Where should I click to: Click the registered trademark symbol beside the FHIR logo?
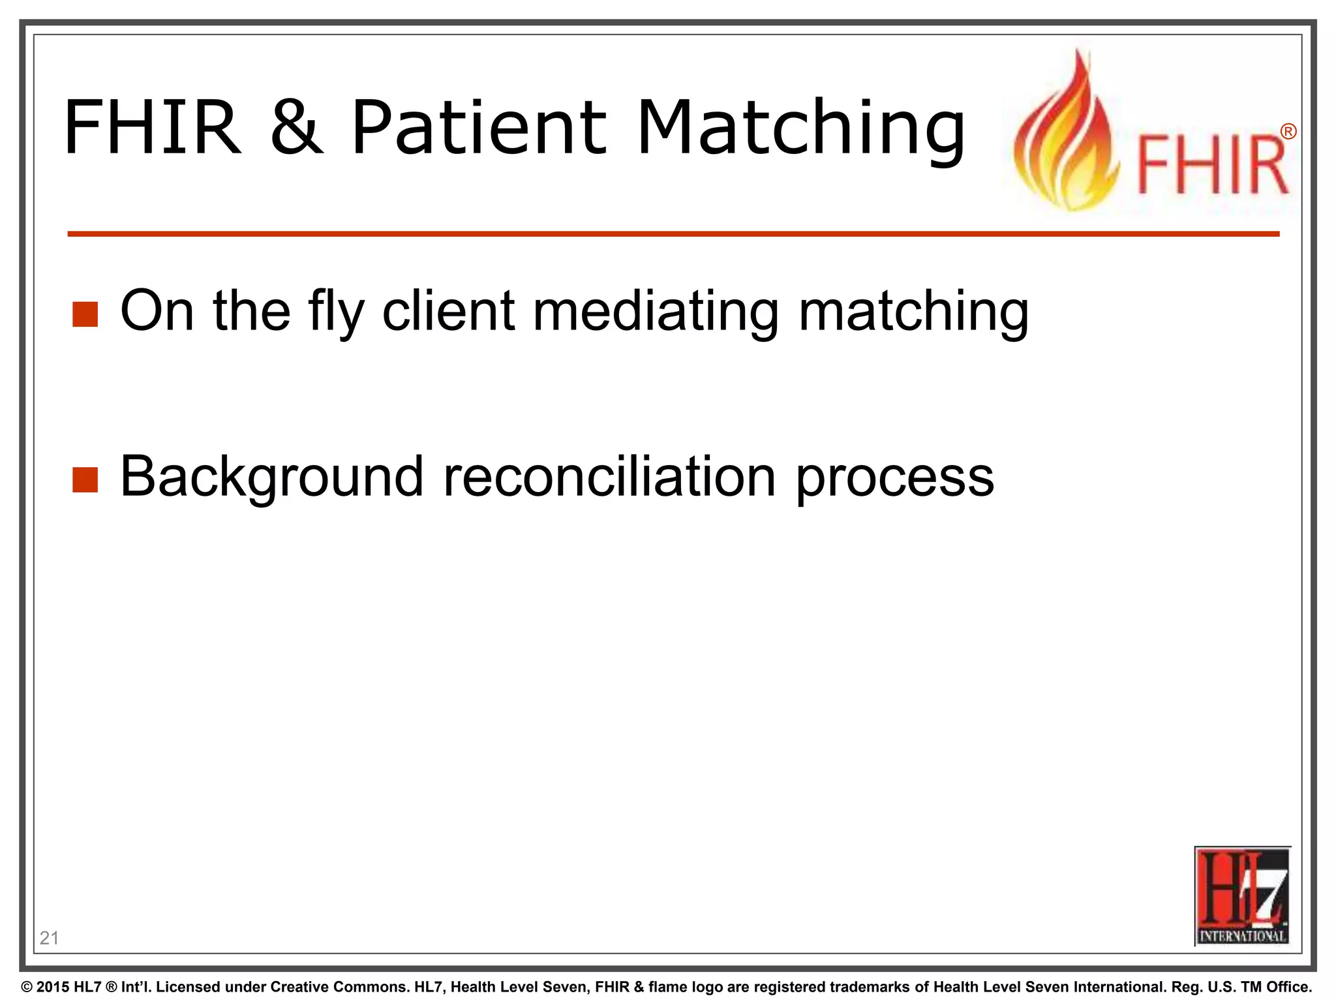[1288, 132]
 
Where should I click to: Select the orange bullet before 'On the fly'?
[85, 314]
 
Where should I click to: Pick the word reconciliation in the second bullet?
[610, 477]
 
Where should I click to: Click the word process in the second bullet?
[895, 477]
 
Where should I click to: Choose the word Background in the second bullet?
[272, 477]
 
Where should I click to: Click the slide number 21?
[49, 938]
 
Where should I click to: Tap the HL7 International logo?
[1242, 896]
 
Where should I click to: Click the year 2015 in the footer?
[53, 987]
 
